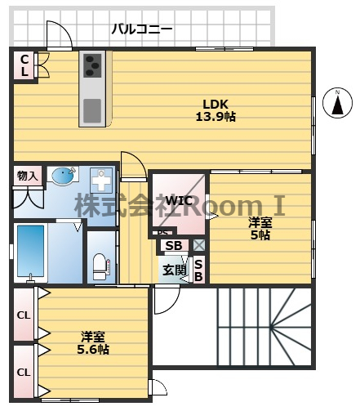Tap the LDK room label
click(216, 104)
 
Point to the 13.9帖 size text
click(216, 117)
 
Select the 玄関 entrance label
click(173, 270)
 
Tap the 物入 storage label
click(27, 176)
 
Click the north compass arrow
click(337, 105)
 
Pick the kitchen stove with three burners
click(91, 65)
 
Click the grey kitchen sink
click(91, 108)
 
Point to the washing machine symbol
click(100, 180)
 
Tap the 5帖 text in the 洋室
click(260, 235)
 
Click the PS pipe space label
click(162, 233)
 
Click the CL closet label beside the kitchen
click(24, 65)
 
